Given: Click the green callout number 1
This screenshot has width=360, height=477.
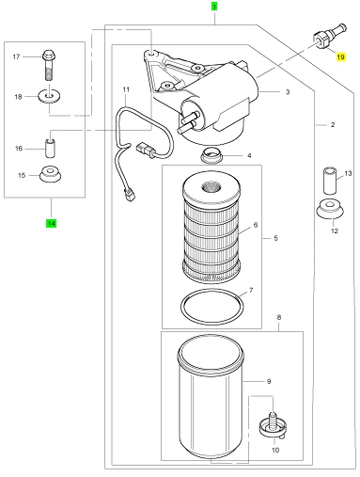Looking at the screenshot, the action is pyautogui.click(x=214, y=7).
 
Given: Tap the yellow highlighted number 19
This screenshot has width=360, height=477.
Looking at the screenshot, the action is pyautogui.click(x=340, y=57).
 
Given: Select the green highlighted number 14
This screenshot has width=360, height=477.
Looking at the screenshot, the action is pyautogui.click(x=51, y=223).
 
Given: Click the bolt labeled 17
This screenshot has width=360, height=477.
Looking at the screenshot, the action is pyautogui.click(x=49, y=65).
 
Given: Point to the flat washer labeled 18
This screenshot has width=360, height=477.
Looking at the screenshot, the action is pyautogui.click(x=49, y=96).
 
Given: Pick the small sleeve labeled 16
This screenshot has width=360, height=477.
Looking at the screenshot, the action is pyautogui.click(x=50, y=149).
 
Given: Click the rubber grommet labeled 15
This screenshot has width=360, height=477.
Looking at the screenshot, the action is pyautogui.click(x=51, y=174).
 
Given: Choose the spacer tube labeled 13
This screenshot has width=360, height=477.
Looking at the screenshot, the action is pyautogui.click(x=330, y=181).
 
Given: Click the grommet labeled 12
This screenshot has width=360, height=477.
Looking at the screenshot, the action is pyautogui.click(x=330, y=209).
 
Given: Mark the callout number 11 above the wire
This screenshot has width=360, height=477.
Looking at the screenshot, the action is pyautogui.click(x=126, y=89).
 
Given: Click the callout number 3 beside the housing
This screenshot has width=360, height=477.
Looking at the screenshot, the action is pyautogui.click(x=288, y=92).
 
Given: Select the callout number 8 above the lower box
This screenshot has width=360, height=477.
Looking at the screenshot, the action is pyautogui.click(x=279, y=317).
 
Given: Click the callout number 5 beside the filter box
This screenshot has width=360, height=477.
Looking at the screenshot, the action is pyautogui.click(x=275, y=238).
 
